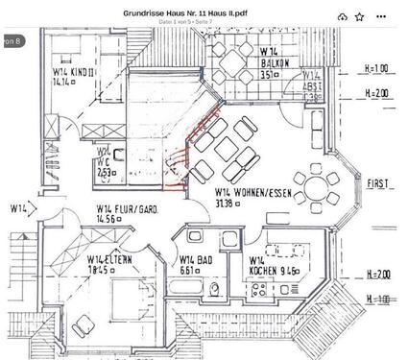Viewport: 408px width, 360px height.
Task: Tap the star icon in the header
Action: (359, 16)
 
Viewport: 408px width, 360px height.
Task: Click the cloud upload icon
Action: (342, 16)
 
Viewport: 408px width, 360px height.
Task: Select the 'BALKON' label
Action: (277, 61)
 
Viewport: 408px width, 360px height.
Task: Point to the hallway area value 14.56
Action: (108, 220)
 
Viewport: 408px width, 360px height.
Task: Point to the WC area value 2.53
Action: (108, 172)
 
